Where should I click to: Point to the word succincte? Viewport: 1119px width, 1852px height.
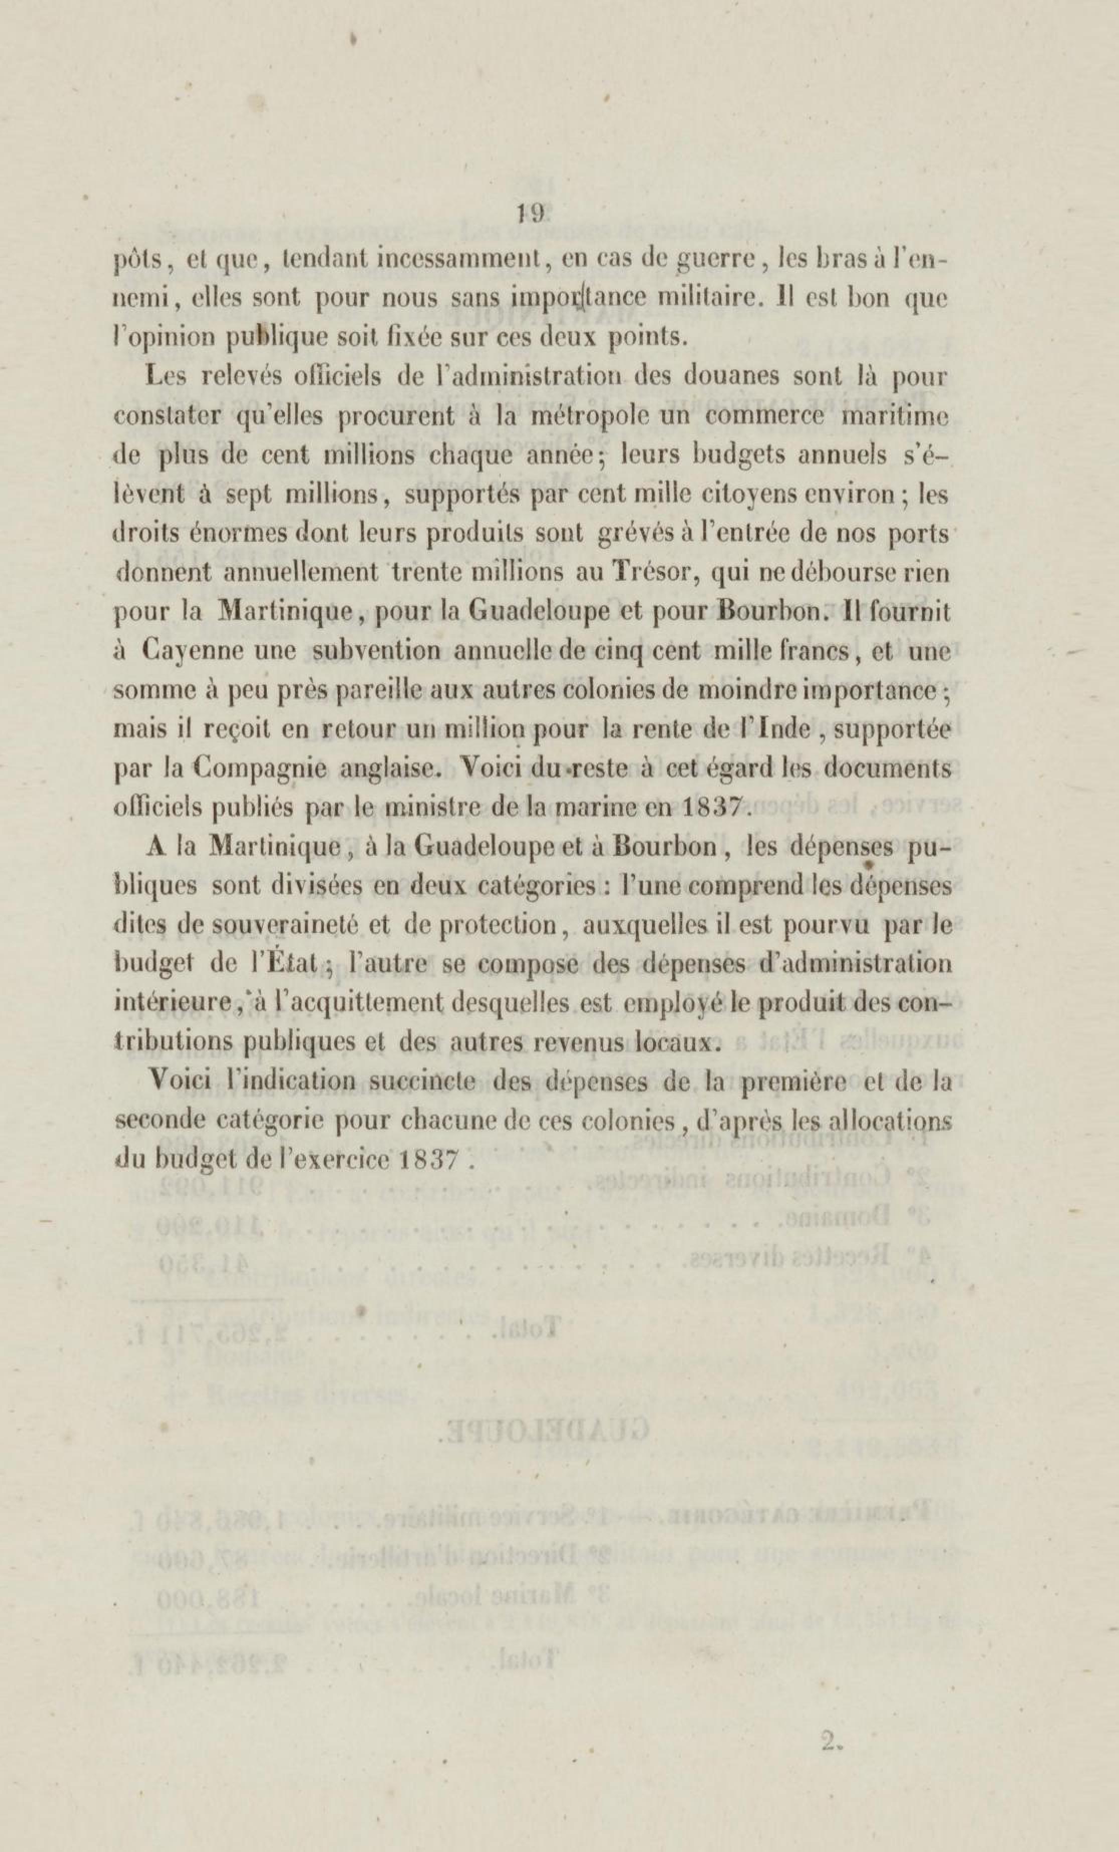[424, 1081]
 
